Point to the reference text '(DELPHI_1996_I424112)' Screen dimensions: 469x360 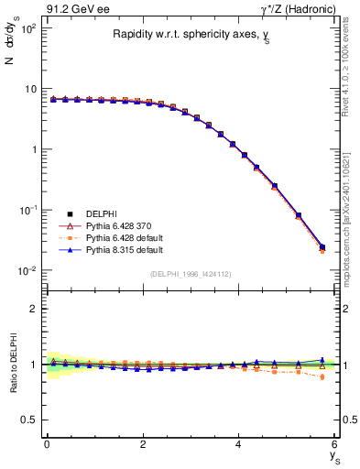pyautogui.click(x=189, y=272)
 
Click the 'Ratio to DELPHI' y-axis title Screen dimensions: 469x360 pyautogui.click(x=12, y=365)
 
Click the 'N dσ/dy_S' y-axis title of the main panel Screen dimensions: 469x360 pyautogui.click(x=12, y=70)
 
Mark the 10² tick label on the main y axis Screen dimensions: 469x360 pyautogui.click(x=27, y=28)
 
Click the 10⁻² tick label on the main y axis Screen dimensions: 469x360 pyautogui.click(x=27, y=270)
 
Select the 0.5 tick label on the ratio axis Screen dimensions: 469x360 pyautogui.click(x=29, y=420)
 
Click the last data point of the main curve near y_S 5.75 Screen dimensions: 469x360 pyautogui.click(x=322, y=246)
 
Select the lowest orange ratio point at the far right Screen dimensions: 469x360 pyautogui.click(x=322, y=376)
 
